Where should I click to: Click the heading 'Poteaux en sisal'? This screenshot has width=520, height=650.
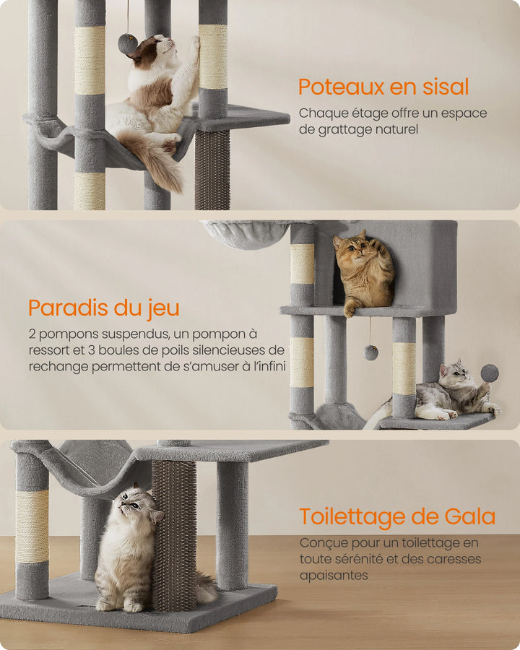click(x=383, y=87)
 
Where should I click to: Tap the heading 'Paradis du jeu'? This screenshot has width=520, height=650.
click(x=104, y=308)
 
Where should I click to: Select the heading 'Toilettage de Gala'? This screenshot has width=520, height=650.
click(x=397, y=516)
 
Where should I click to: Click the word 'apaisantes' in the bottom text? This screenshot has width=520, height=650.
click(x=334, y=576)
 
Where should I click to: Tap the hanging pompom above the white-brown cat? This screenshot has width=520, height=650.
click(x=127, y=44)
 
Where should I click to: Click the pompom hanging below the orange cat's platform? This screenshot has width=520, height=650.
click(x=370, y=352)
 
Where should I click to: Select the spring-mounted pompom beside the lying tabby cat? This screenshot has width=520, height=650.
click(x=490, y=373)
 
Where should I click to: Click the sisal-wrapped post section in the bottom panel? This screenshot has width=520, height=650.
click(x=32, y=526)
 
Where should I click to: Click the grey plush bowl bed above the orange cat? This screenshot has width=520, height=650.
click(x=246, y=234)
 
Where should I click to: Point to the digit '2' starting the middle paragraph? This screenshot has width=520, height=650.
click(x=33, y=334)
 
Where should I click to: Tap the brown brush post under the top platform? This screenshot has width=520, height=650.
click(x=212, y=169)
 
